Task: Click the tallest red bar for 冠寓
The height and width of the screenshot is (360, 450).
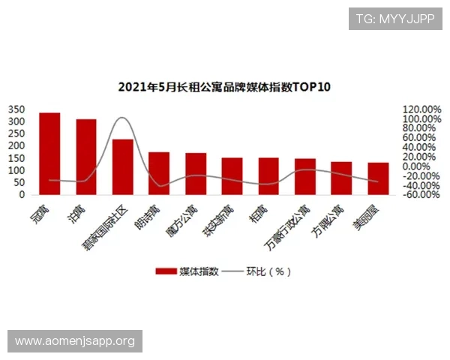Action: click(49, 154)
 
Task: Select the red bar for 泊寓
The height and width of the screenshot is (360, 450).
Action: click(86, 157)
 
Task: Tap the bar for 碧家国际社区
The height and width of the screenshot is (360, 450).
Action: click(123, 166)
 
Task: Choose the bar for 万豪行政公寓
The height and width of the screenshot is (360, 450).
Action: click(305, 176)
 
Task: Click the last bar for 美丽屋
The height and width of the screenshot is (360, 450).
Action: click(378, 178)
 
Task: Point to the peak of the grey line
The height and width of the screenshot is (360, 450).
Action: click(122, 118)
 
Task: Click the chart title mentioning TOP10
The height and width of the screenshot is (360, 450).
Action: click(224, 87)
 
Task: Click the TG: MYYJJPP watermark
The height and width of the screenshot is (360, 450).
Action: click(394, 18)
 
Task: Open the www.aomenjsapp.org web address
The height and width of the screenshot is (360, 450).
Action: click(75, 341)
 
